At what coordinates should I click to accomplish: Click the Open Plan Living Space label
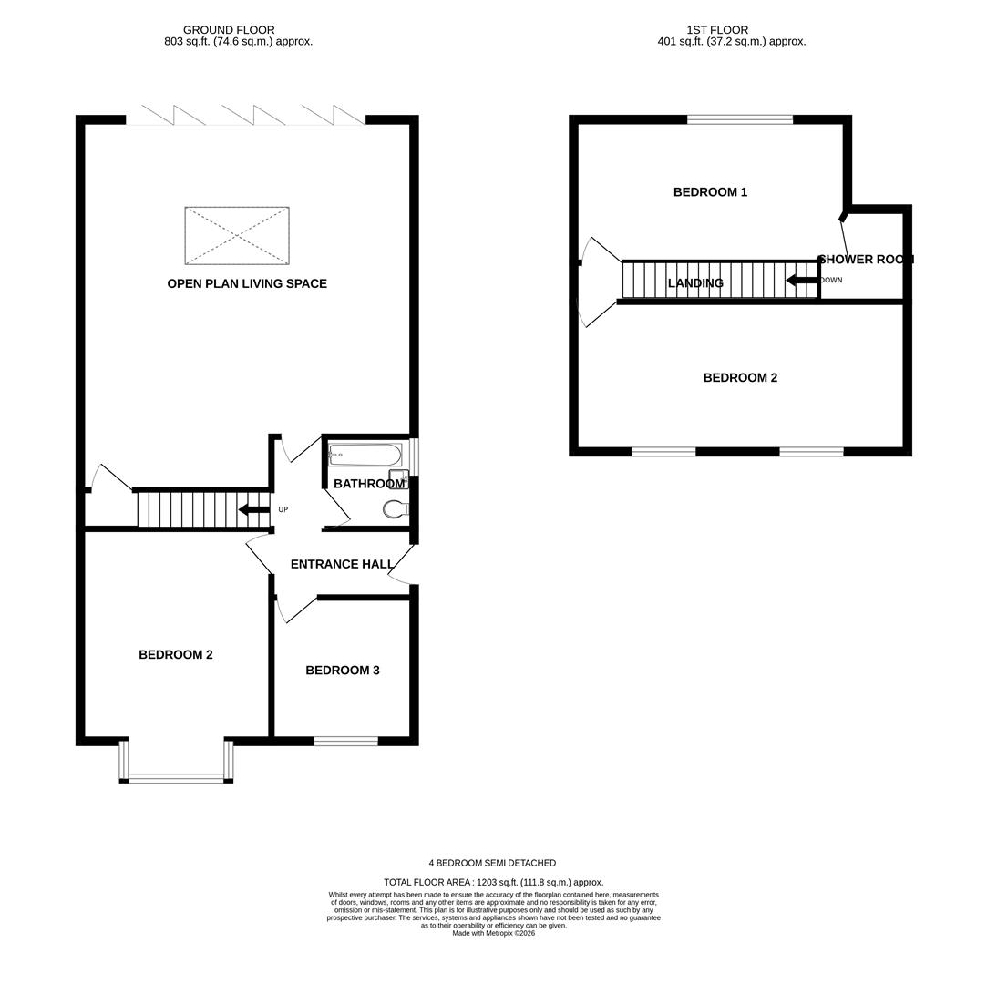pyautogui.click(x=247, y=283)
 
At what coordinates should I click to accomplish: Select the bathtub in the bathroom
pyautogui.click(x=365, y=455)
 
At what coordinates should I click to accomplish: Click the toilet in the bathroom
pyautogui.click(x=395, y=509)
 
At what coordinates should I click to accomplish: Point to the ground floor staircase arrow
pyautogui.click(x=253, y=509)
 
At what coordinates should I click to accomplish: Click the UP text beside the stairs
pyautogui.click(x=283, y=509)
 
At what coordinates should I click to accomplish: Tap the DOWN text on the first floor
pyautogui.click(x=831, y=280)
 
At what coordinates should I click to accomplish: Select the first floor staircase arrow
pyautogui.click(x=802, y=281)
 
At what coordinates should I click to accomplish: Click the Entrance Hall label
pyautogui.click(x=342, y=564)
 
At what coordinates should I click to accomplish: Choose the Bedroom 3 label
pyautogui.click(x=343, y=671)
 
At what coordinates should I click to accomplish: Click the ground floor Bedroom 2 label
pyautogui.click(x=176, y=655)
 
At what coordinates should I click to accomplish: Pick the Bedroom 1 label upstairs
pyautogui.click(x=710, y=192)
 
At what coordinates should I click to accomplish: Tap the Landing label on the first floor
pyautogui.click(x=695, y=283)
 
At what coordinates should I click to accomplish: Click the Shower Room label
pyautogui.click(x=866, y=260)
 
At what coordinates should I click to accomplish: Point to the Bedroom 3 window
pyautogui.click(x=345, y=741)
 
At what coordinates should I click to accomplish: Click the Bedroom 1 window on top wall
pyautogui.click(x=740, y=119)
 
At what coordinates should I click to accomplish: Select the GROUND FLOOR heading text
pyautogui.click(x=229, y=29)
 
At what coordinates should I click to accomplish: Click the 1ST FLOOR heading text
pyautogui.click(x=717, y=29)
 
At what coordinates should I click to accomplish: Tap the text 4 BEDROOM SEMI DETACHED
pyautogui.click(x=493, y=863)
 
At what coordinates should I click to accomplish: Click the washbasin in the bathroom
pyautogui.click(x=398, y=476)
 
